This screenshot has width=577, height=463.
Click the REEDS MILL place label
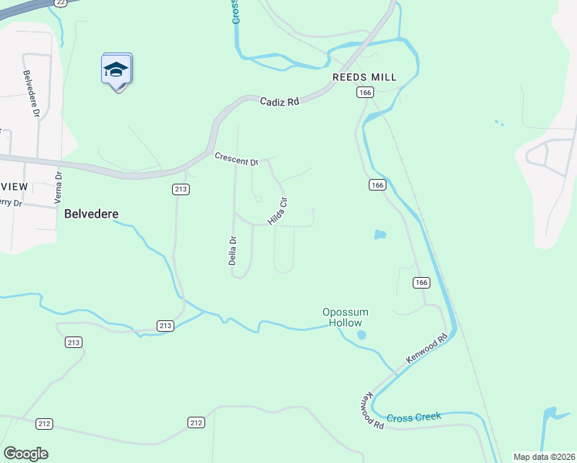coord(364,77)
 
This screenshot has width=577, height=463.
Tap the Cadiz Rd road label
coord(278,101)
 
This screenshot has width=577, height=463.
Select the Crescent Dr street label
coord(236,159)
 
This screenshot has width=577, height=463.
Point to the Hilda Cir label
coord(278,211)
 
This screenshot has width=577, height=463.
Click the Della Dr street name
coord(232,251)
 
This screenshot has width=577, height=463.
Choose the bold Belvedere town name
coord(96,213)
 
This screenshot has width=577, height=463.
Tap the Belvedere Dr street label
coord(32,94)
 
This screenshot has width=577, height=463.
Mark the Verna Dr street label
coord(59,188)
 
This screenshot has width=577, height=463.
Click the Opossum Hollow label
coord(345,317)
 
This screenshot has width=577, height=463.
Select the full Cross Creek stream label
coord(414,417)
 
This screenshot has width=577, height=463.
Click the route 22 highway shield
coord(60,3)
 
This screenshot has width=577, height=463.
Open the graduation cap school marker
coord(116,70)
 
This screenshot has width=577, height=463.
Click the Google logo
coord(25,454)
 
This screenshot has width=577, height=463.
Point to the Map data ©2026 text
coord(544,457)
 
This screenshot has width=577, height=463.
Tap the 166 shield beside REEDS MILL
coord(365,93)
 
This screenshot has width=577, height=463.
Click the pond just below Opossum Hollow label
coord(361,335)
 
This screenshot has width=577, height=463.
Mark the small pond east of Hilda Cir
coord(380,234)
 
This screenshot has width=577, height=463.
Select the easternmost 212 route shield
coord(196,422)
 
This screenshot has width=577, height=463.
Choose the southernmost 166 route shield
coord(420,282)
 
